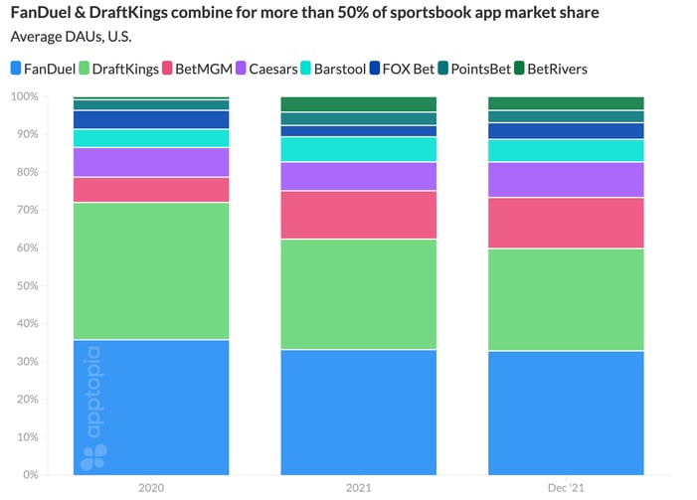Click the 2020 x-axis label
tap(152, 487)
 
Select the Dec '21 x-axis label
tap(566, 487)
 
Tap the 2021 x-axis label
tap(359, 487)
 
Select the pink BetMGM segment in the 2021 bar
tap(359, 215)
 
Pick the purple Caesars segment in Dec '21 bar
tap(566, 180)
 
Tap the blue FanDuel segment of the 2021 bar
tap(359, 412)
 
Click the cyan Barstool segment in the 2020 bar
tap(152, 138)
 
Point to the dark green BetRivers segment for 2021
tap(359, 104)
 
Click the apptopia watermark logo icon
tap(94, 456)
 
